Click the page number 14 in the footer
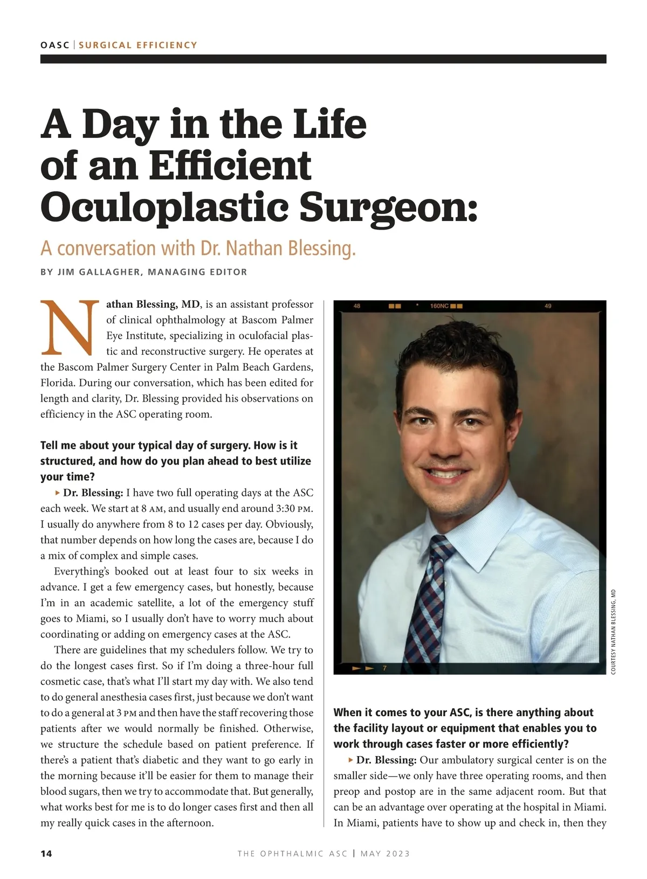46,854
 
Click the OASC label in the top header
54,45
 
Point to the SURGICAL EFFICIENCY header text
138,45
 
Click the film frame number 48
357,306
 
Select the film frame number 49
548,306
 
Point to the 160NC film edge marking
439,306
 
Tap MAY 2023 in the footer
385,854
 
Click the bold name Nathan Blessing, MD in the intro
153,304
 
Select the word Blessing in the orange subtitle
321,248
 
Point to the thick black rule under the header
323,59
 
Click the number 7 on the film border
384,668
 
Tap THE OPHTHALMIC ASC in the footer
292,854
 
